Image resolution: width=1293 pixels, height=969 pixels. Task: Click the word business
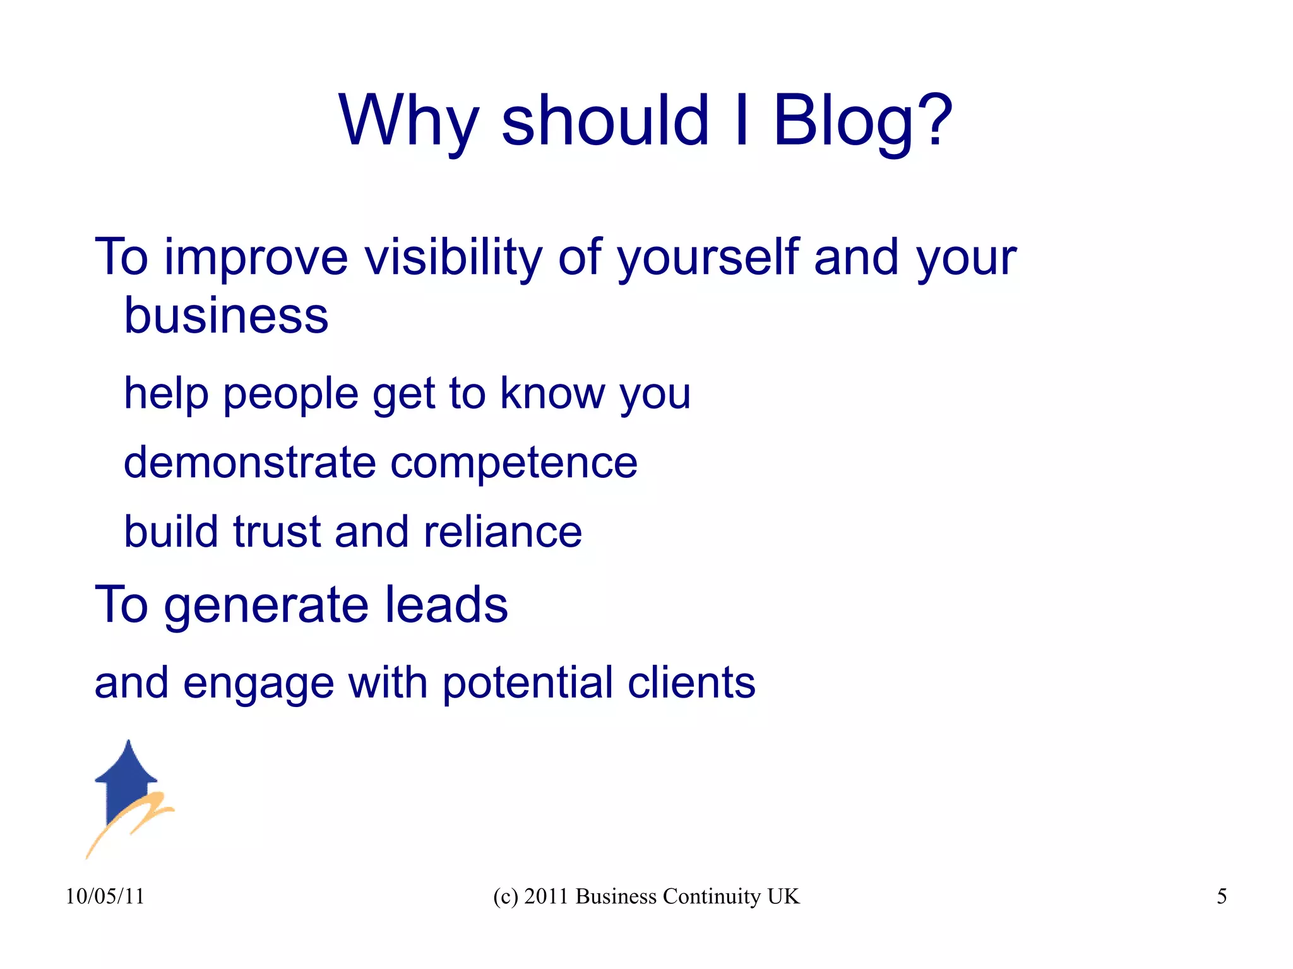pyautogui.click(x=226, y=316)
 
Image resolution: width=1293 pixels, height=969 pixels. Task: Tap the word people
pyautogui.click(x=291, y=395)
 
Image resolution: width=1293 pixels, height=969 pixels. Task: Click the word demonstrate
pyautogui.click(x=250, y=463)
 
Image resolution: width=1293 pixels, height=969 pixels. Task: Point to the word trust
pyautogui.click(x=277, y=532)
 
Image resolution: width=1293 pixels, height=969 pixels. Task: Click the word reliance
pyautogui.click(x=503, y=532)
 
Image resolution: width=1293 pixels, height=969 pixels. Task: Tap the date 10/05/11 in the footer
pyautogui.click(x=105, y=896)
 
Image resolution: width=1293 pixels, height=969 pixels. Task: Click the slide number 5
pyautogui.click(x=1222, y=896)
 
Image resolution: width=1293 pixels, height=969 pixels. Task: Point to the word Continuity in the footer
pyautogui.click(x=712, y=896)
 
